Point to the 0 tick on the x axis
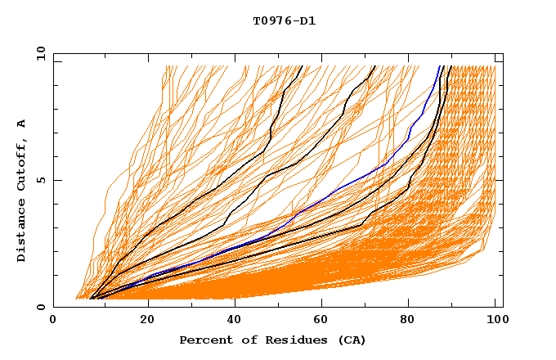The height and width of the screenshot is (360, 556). pos(53,322)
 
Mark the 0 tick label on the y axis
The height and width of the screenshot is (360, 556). pos(40,308)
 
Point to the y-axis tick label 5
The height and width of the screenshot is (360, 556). pos(40,180)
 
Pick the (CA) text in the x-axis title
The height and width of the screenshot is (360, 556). pos(351,340)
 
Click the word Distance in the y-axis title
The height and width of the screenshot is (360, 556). pos(21,233)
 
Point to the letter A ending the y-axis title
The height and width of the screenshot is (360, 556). pos(21,124)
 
